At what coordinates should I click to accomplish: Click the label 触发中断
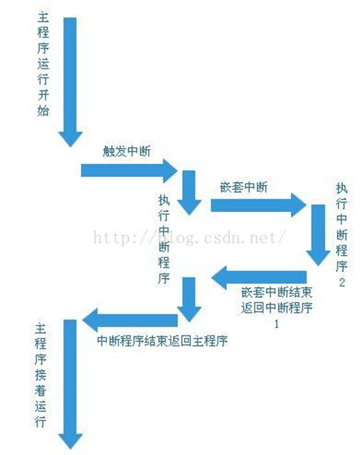click(126, 152)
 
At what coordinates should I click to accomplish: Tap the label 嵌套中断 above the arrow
click(244, 187)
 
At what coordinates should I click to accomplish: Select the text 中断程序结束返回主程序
click(162, 341)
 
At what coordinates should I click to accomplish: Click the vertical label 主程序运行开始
click(44, 65)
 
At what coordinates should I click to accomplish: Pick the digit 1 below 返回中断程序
click(276, 323)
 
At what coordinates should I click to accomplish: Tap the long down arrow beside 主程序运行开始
click(70, 80)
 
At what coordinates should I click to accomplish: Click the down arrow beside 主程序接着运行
click(70, 382)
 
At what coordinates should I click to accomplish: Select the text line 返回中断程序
click(276, 308)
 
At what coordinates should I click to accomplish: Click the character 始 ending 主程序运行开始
click(44, 111)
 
